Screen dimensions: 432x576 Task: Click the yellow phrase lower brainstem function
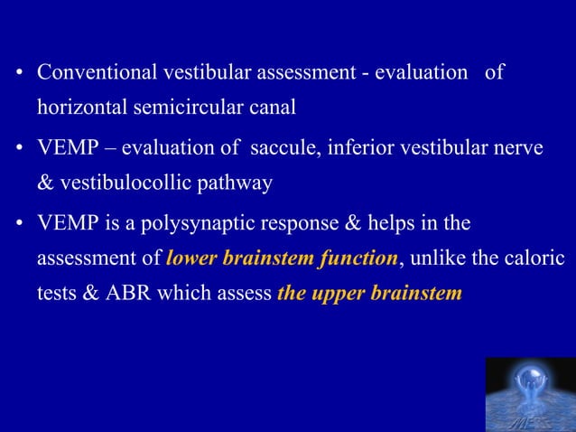tap(282, 258)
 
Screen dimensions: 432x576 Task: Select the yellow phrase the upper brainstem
tap(369, 294)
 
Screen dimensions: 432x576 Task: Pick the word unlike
tap(437, 258)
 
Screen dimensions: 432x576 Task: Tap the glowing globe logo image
tap(530, 394)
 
